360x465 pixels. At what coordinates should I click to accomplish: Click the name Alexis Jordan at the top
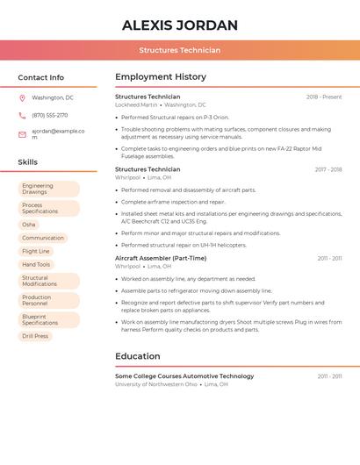180,25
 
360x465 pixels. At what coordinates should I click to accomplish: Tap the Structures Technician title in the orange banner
180,50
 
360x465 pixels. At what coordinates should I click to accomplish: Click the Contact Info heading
40,77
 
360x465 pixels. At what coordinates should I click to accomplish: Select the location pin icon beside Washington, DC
22,98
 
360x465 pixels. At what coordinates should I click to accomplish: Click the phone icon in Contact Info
22,115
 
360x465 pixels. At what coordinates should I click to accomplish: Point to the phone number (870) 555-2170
49,115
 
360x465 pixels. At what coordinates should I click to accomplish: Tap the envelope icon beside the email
22,134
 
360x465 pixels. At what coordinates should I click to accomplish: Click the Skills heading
27,162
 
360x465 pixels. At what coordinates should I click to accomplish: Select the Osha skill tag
29,225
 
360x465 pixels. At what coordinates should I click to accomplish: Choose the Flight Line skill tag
36,251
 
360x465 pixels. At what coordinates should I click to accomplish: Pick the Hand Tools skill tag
36,264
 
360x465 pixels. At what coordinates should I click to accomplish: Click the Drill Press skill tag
35,336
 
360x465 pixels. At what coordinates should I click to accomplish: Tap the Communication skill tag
43,238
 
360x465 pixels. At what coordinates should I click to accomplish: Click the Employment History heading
161,77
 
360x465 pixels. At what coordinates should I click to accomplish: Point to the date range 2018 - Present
324,97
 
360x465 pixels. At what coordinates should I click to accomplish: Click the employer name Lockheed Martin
136,104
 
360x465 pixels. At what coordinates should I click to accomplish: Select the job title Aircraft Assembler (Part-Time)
161,258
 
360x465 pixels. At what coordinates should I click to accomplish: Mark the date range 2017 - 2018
328,169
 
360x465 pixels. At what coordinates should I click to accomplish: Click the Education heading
138,356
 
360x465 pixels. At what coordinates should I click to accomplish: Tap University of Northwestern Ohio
156,384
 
